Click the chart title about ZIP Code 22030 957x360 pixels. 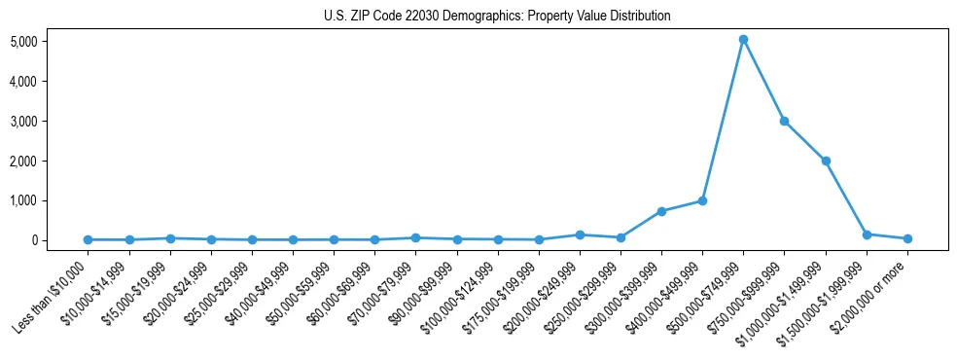tap(497, 16)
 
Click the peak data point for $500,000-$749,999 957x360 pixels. tap(743, 40)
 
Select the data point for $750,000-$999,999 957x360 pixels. tap(784, 121)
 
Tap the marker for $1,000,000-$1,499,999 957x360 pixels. tap(826, 161)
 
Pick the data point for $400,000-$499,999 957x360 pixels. tap(702, 200)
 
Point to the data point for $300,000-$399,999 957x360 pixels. tap(661, 211)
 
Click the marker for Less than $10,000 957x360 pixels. tap(89, 239)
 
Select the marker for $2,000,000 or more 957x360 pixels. tap(907, 238)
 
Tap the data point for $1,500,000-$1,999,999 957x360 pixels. tap(867, 234)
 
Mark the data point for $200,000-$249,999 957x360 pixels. tap(580, 234)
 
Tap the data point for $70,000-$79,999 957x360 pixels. tap(415, 237)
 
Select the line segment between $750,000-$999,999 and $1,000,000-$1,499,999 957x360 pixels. tap(805, 141)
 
